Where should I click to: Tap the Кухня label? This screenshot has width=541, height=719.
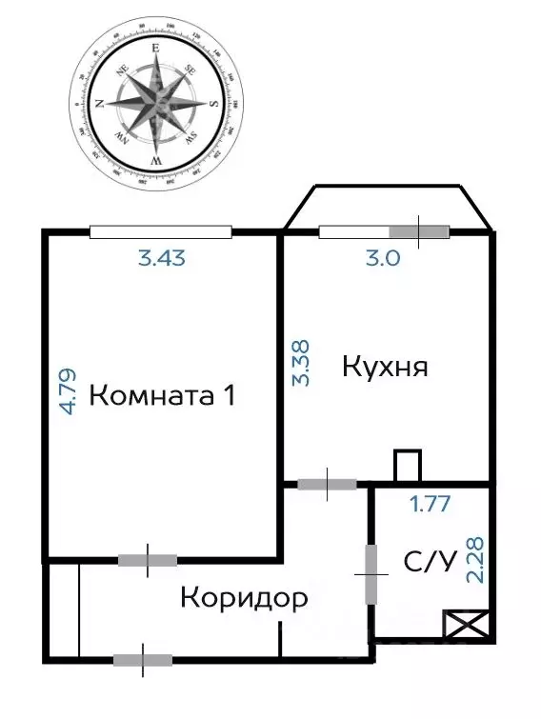pos(384,367)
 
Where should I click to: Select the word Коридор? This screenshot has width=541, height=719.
pos(244,598)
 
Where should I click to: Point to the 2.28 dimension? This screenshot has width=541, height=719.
pos(473,563)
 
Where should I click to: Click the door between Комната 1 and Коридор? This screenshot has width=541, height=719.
pos(148,560)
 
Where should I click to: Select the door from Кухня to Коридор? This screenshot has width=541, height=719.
pos(328,484)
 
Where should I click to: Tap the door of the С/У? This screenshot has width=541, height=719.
pos(371,573)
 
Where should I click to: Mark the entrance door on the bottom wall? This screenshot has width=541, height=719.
pos(143,659)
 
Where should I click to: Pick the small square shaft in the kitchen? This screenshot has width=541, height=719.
pos(407,466)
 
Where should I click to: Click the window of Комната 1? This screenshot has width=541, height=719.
pos(160,230)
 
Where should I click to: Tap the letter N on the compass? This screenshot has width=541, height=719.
pos(97,104)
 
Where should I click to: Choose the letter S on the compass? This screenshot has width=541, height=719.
pos(214,104)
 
